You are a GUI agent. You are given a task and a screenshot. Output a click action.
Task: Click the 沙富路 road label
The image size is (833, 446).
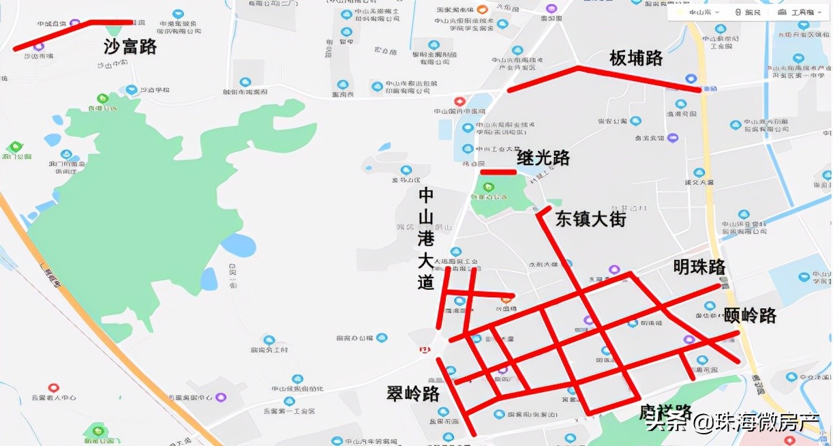point(130,46)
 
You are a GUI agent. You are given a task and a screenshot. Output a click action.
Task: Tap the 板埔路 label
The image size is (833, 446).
point(635,59)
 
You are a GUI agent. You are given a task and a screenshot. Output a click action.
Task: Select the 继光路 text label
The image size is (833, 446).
point(543,158)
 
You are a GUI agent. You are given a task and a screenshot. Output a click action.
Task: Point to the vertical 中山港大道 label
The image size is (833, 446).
point(426,239)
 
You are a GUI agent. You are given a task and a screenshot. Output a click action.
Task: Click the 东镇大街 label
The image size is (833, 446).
point(590,219)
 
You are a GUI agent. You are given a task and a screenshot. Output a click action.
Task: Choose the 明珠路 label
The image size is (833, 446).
point(699,267)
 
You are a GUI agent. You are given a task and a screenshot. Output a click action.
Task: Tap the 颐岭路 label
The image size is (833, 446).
point(750,316)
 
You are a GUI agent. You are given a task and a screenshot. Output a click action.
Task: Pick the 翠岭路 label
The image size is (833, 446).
point(413,393)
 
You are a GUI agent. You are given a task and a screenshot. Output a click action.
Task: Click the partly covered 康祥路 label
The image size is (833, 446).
point(665,412)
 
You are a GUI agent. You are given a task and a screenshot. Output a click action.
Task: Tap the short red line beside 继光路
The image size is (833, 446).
point(498,172)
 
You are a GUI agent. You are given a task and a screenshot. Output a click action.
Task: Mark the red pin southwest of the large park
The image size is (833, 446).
point(54,388)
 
